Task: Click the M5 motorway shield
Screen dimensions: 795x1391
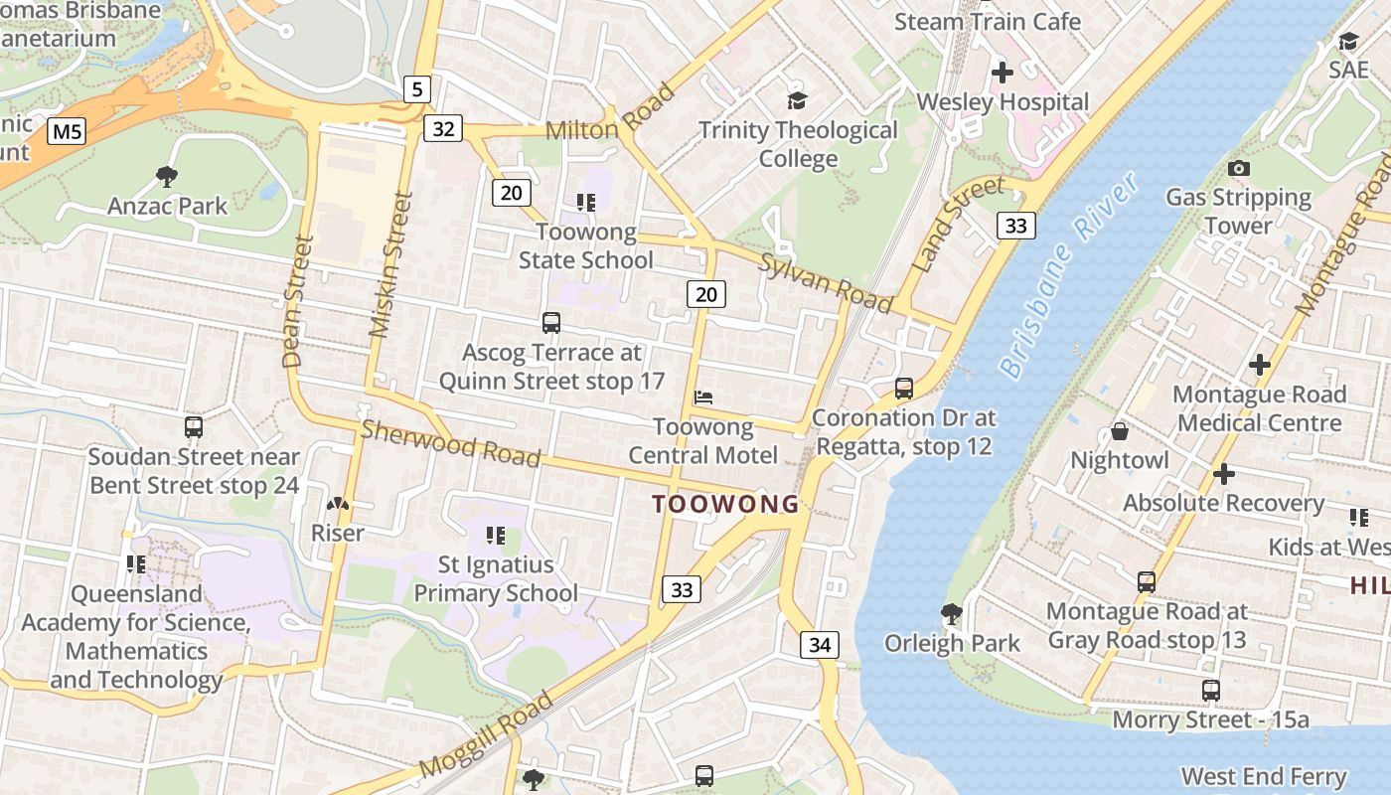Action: coord(68,130)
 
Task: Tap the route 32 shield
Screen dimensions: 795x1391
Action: coord(443,128)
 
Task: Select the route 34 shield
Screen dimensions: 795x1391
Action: coord(820,645)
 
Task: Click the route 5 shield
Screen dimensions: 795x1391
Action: coord(417,89)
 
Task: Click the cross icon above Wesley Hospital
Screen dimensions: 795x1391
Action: coord(1003,73)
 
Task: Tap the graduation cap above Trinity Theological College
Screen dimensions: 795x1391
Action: coord(797,100)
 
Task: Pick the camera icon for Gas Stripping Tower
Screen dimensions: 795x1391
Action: coord(1238,168)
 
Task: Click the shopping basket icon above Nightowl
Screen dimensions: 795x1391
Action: coord(1119,431)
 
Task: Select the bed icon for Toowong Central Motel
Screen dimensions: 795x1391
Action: coord(703,397)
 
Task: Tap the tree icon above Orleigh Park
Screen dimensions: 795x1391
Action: coord(951,614)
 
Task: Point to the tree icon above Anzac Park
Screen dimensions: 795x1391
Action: coord(167,177)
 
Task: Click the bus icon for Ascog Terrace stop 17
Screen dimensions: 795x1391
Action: coord(551,323)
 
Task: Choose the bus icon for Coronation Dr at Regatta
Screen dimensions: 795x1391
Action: coord(903,389)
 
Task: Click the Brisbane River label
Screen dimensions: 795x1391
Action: coord(1068,279)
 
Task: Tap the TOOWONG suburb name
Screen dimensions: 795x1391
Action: coord(725,504)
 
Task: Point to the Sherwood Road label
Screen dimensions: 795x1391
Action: coord(450,443)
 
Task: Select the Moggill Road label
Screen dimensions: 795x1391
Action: coord(486,736)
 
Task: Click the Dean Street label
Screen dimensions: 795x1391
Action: coord(297,301)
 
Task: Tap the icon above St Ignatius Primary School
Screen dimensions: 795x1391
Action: coord(495,537)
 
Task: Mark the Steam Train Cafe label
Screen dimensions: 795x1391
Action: coord(988,21)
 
